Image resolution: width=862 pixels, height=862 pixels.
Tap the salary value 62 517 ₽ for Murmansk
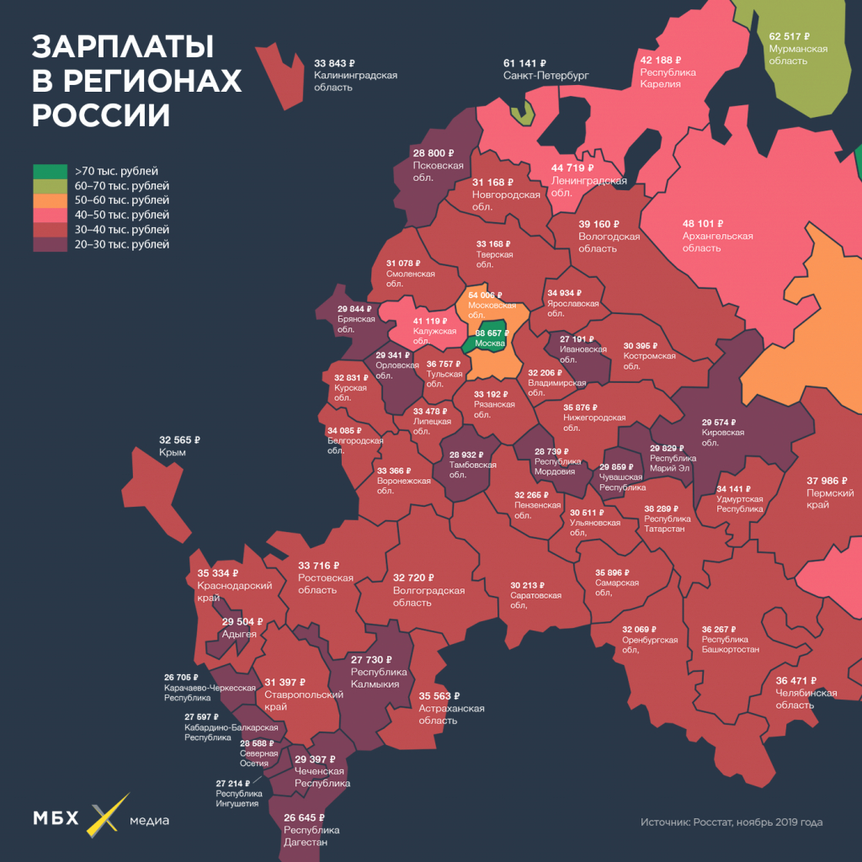(789, 37)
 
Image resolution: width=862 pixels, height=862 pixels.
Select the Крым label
(172, 453)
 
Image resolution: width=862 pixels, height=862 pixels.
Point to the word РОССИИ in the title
(100, 114)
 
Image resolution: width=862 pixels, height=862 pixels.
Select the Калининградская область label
(354, 81)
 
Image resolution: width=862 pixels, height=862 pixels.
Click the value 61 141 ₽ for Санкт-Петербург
(525, 63)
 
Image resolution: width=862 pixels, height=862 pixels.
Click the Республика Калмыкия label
(380, 678)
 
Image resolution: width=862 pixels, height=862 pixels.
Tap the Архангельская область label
(717, 242)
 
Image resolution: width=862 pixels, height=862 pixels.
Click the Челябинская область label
(806, 699)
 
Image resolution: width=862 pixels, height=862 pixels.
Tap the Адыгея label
(239, 634)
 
